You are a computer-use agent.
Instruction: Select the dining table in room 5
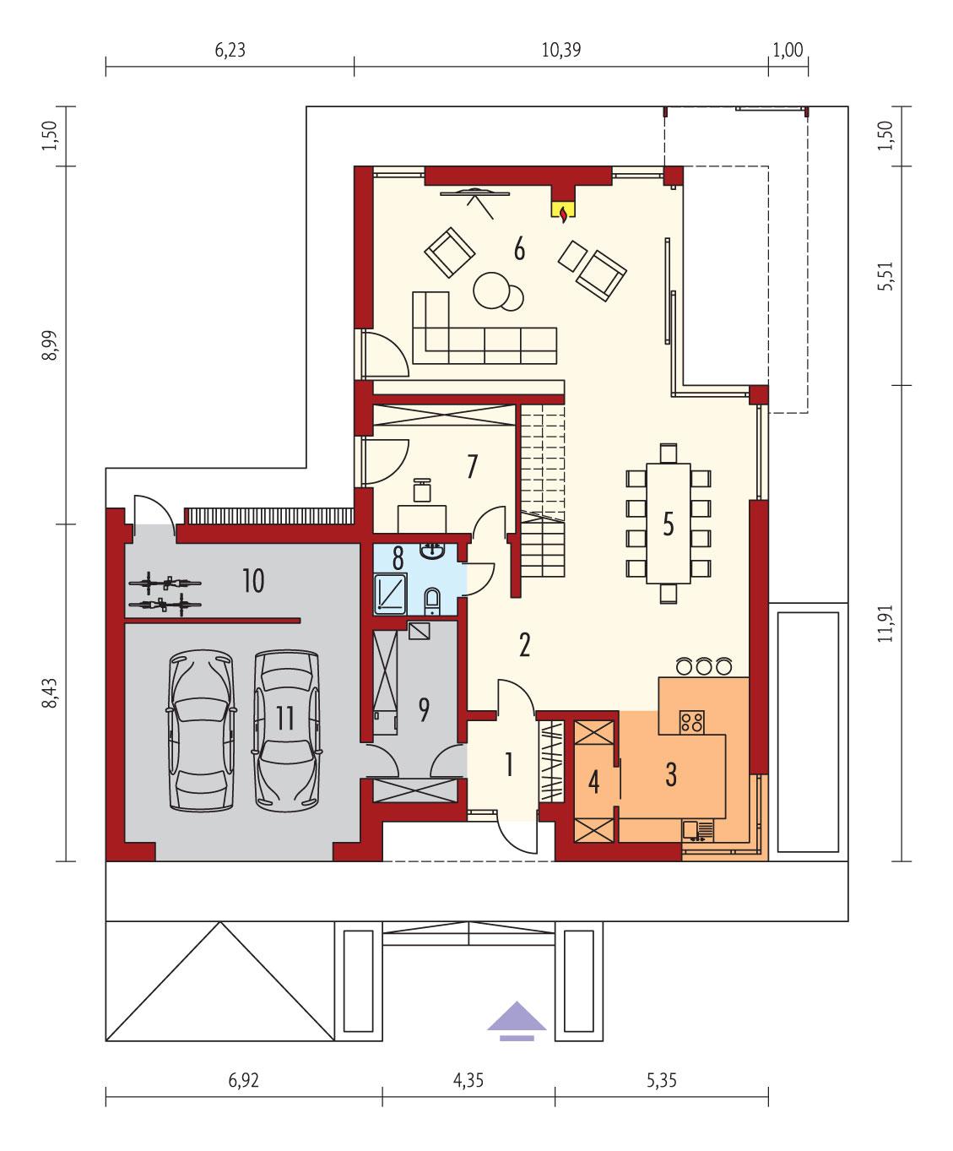point(668,524)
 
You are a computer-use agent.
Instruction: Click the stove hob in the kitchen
point(692,721)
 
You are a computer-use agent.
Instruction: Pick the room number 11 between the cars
point(284,719)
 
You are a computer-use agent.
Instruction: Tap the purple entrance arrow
point(517,1018)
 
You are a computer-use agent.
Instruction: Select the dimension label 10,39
point(560,50)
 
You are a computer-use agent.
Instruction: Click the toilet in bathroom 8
point(432,601)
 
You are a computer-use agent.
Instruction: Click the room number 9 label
point(423,709)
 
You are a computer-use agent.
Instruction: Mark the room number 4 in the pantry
point(593,783)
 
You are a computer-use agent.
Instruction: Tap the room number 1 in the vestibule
point(508,765)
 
